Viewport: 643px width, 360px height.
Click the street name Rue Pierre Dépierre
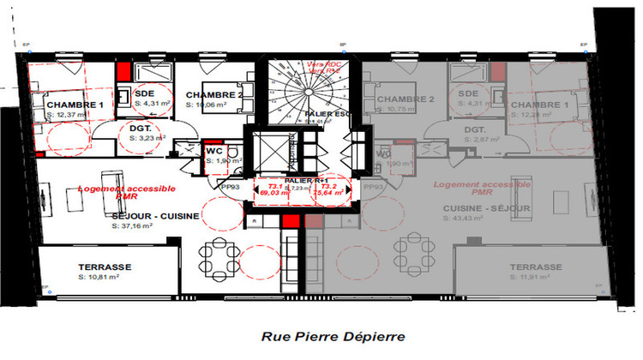(x=321, y=337)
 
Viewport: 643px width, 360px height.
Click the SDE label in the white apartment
(x=145, y=93)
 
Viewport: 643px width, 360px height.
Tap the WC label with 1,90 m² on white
(x=214, y=151)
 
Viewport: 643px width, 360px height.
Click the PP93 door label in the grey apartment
(x=374, y=187)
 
